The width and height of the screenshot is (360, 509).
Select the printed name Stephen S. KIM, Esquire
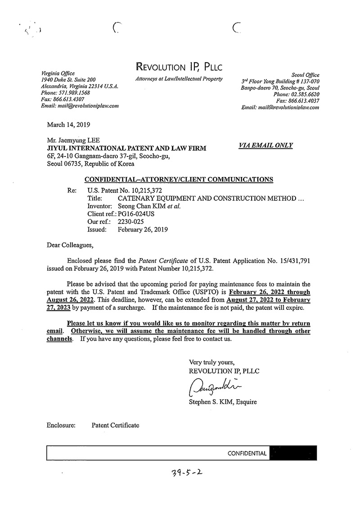(223, 402)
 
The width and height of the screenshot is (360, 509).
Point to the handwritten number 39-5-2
(185, 474)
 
